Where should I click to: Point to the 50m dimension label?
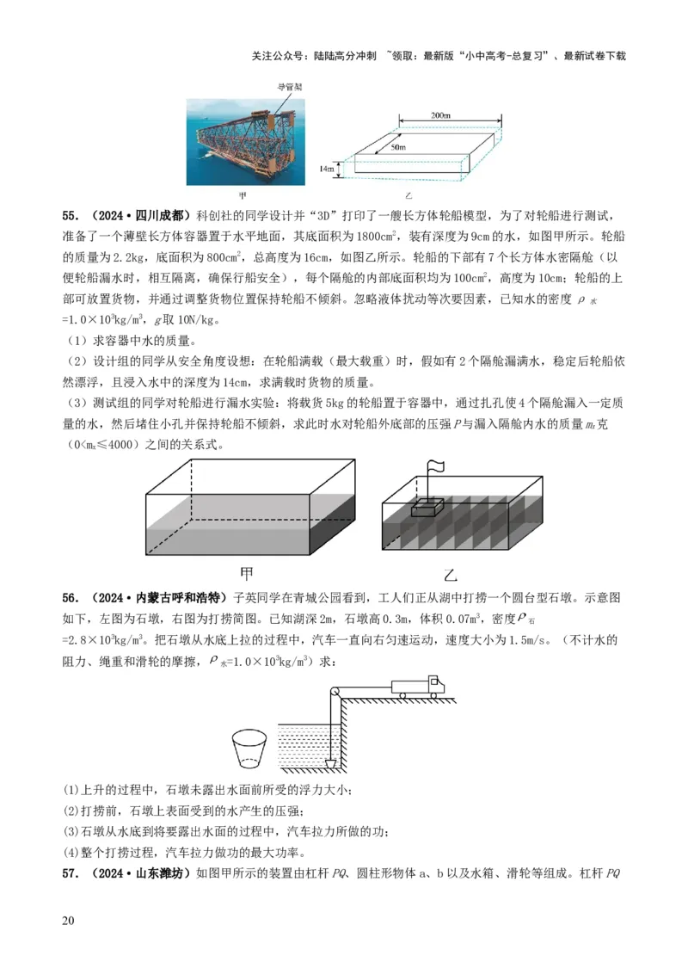[397, 148]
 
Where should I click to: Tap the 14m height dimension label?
[326, 170]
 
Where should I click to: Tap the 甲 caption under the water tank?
[246, 572]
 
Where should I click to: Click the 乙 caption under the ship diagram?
[452, 574]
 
